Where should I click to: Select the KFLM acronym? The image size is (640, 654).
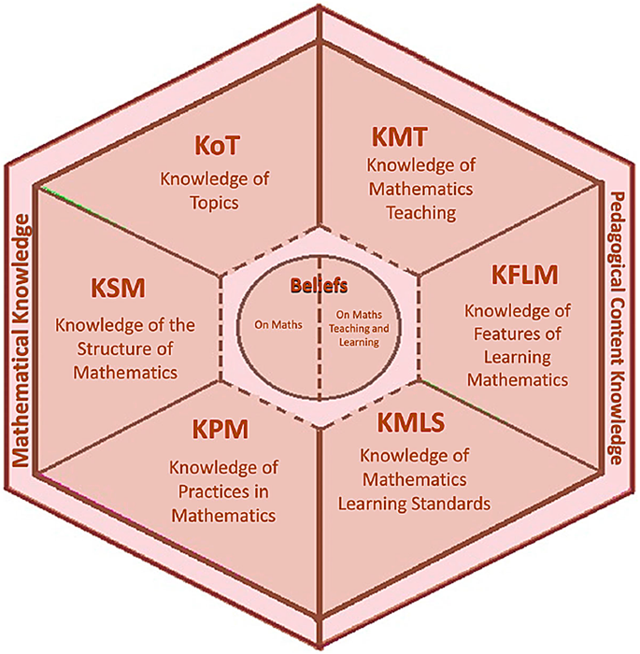tap(523, 277)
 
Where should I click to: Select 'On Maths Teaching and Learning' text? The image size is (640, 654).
tap(358, 327)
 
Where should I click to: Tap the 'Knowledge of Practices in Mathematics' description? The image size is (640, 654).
tap(221, 490)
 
